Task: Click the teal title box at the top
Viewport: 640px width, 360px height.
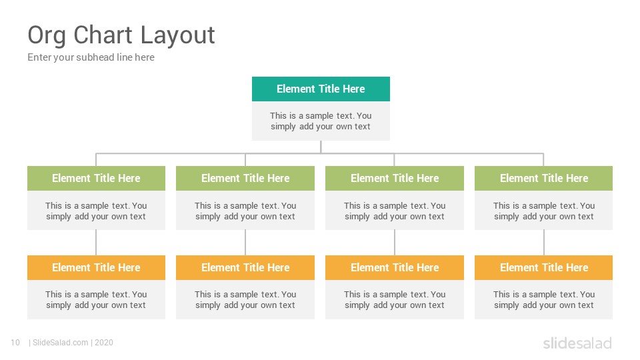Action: [321, 89]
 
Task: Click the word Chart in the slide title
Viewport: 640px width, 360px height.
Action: [103, 35]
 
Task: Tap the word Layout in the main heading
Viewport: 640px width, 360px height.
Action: [177, 36]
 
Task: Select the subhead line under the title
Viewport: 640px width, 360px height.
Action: [91, 57]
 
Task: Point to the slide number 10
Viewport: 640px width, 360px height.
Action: [15, 343]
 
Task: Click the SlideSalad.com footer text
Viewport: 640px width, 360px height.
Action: [61, 343]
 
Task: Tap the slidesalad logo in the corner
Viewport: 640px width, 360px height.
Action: [577, 343]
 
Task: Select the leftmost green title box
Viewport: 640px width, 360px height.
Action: [96, 179]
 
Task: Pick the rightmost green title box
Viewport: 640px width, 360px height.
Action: [544, 179]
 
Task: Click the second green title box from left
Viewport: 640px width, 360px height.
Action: [245, 179]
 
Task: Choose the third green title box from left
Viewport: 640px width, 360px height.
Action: [395, 179]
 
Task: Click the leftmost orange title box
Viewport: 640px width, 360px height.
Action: [96, 268]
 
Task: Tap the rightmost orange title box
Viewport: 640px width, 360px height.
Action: [544, 268]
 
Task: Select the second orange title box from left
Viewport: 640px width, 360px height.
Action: [245, 268]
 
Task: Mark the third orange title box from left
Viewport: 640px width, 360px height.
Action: [395, 268]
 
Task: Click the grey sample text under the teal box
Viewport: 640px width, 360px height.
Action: [321, 121]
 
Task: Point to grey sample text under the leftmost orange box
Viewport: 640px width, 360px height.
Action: [96, 299]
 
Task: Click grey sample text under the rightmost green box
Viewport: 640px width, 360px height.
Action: [544, 211]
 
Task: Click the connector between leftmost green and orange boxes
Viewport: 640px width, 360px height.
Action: [96, 243]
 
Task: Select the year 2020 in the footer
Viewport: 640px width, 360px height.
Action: [104, 343]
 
